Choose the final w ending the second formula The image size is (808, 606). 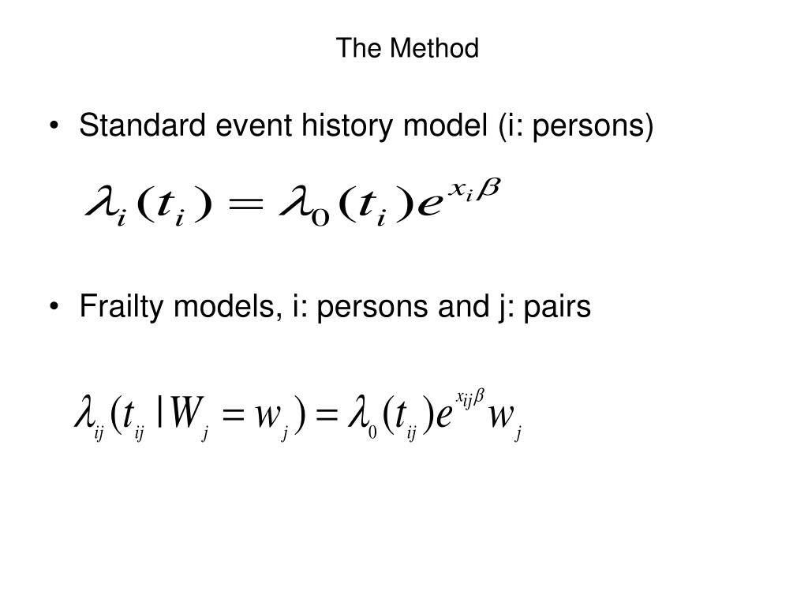tap(500, 417)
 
